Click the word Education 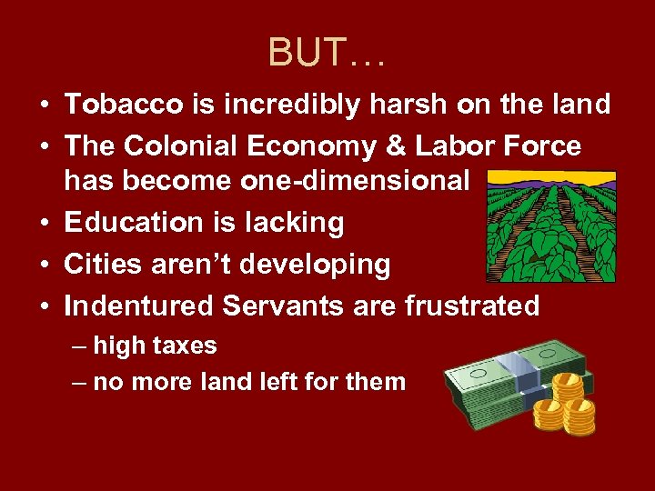127,223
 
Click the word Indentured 138,306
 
